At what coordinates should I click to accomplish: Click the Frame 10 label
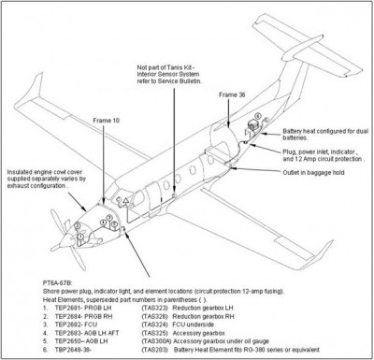[x=109, y=147]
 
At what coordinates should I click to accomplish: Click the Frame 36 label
[x=231, y=95]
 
